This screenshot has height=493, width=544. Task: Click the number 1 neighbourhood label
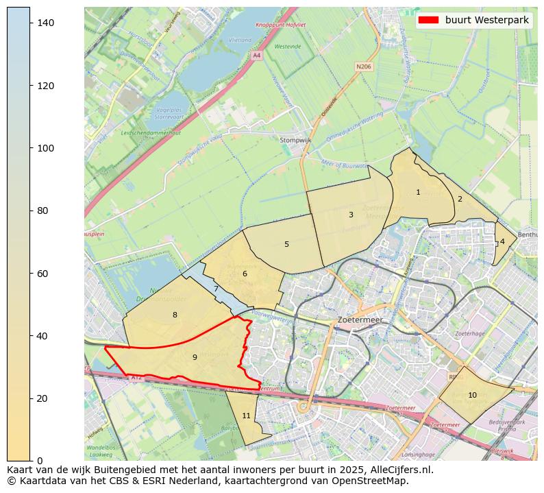coord(418,193)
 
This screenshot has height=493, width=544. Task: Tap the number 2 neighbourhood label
coord(460,200)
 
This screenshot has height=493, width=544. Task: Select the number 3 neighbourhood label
coord(351,215)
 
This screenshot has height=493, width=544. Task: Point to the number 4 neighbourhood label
coord(502,241)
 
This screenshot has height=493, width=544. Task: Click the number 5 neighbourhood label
coord(286,245)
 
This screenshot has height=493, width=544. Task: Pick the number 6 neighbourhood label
coord(245,274)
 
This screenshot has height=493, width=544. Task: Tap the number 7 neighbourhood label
coord(216,289)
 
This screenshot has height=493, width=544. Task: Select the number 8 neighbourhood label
coord(175,315)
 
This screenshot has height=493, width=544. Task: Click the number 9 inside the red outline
coord(195,357)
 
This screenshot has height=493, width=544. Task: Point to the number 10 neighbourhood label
coord(472,396)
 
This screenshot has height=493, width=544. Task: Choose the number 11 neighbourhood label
coord(246,416)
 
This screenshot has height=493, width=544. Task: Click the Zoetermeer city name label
coord(360,320)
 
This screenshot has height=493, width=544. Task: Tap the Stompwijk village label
coord(296,141)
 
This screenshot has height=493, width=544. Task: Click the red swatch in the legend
coord(428,20)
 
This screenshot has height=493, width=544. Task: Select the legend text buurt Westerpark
coord(486,20)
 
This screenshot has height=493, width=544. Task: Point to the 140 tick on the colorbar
coord(45,23)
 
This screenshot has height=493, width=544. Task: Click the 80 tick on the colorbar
coord(42,211)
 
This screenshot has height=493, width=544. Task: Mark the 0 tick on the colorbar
coord(40,460)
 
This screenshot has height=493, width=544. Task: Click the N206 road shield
coord(363,67)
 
